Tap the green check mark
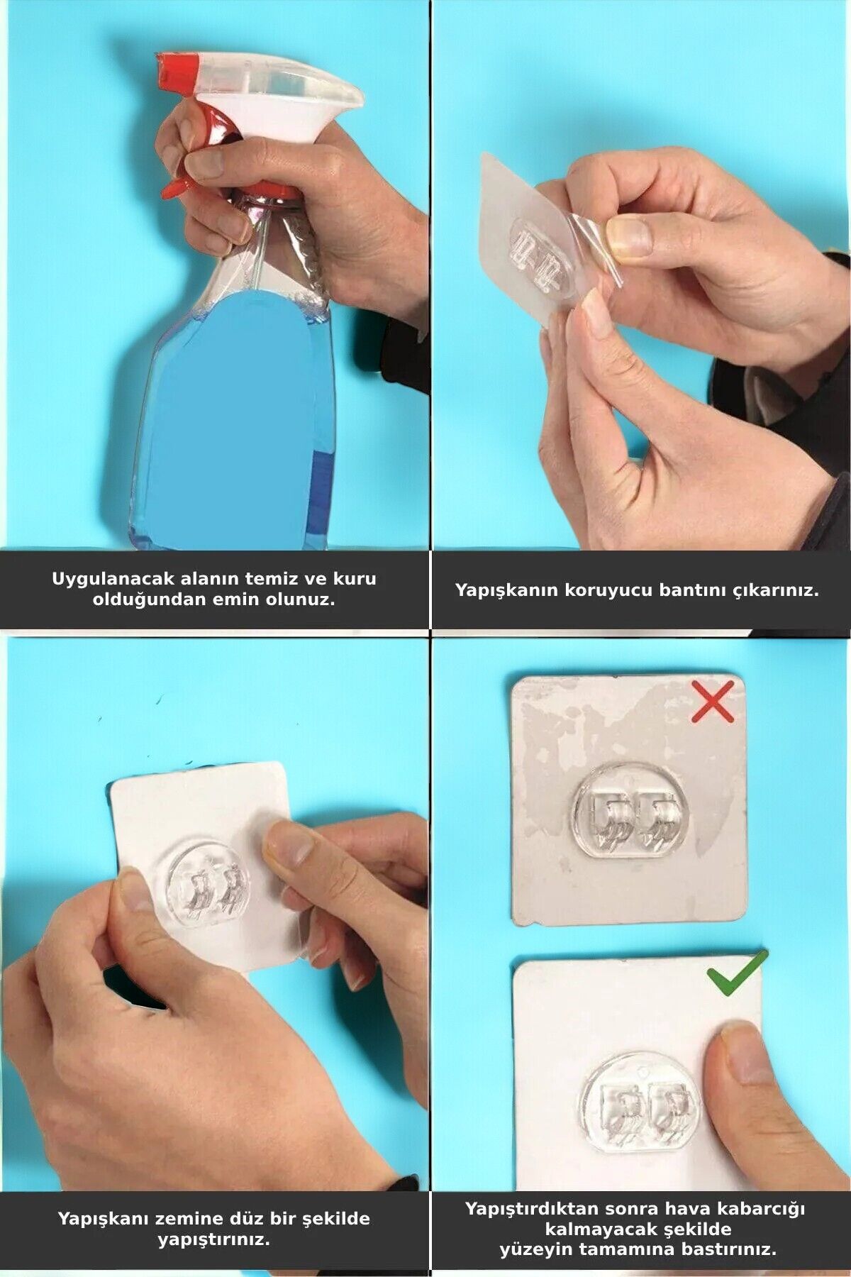(x=738, y=974)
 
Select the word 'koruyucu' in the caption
(x=608, y=590)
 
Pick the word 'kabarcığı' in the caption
(x=762, y=1208)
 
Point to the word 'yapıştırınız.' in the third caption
(x=213, y=1239)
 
